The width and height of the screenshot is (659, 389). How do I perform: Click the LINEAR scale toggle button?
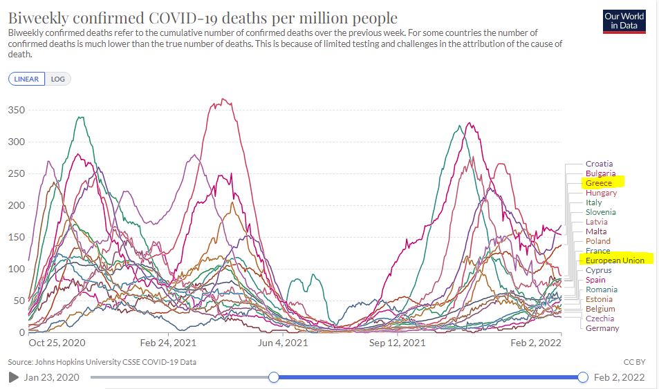click(x=27, y=79)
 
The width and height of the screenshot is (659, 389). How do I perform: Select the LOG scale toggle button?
click(x=58, y=79)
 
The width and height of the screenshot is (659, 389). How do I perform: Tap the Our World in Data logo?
click(x=623, y=21)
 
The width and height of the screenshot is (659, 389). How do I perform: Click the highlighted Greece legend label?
click(x=599, y=183)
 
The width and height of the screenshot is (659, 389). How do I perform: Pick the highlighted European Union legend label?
click(x=615, y=260)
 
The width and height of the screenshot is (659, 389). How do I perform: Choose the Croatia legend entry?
click(x=599, y=164)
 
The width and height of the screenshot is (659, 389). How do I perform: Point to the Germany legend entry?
click(x=602, y=328)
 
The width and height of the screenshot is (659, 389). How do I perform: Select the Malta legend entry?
click(x=596, y=231)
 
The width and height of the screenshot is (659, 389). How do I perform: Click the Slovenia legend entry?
click(x=601, y=212)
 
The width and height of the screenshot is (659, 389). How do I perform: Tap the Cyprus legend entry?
click(x=599, y=270)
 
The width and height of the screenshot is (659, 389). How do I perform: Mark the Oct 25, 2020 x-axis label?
click(x=57, y=342)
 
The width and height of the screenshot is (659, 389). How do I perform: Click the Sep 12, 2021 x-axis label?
click(x=397, y=342)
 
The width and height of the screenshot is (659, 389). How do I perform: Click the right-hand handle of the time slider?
click(x=582, y=377)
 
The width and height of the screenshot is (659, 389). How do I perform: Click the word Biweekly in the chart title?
click(x=39, y=17)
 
